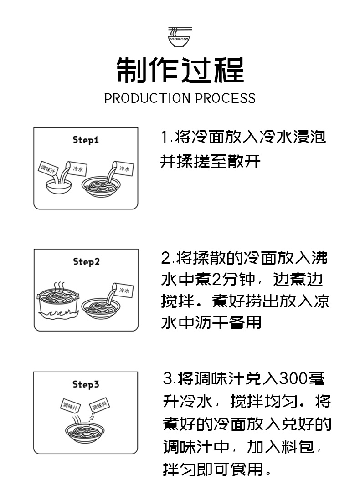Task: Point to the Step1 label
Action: (86, 140)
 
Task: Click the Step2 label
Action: (86, 262)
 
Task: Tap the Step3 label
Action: (86, 385)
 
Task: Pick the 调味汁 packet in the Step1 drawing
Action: (48, 168)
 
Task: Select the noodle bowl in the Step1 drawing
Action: (101, 186)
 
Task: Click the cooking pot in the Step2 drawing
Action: (58, 303)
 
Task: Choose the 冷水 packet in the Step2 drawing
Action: (123, 290)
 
